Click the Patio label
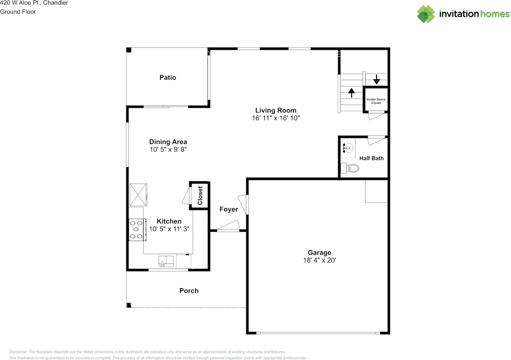[168, 78]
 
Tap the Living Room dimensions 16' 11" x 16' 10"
[275, 118]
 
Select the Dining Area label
[168, 142]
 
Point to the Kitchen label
[169, 221]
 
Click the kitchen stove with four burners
[137, 230]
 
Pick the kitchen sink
[166, 261]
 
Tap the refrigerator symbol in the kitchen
[139, 195]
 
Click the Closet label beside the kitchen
[200, 195]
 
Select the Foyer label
[229, 209]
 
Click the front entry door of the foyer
[228, 230]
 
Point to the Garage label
[319, 253]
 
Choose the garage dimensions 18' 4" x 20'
[319, 261]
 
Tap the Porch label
[189, 291]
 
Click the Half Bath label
[371, 158]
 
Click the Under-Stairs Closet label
[376, 101]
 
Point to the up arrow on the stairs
[352, 93]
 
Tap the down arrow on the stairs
[376, 80]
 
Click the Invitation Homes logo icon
[426, 14]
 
